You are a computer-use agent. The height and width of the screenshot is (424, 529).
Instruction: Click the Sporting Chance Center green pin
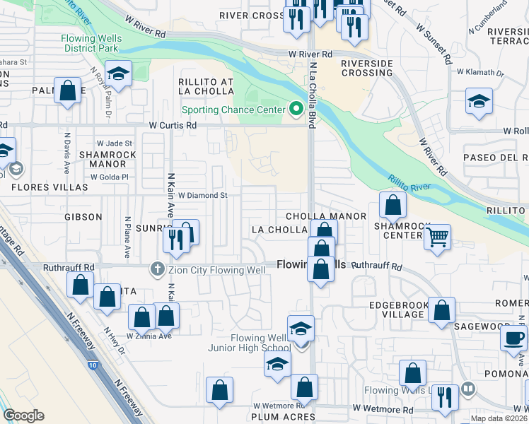[296, 110]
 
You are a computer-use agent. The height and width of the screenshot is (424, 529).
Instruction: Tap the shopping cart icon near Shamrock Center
[438, 238]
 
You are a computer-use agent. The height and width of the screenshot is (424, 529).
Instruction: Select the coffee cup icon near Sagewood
[514, 337]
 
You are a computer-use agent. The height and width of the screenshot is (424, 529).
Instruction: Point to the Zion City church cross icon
[156, 269]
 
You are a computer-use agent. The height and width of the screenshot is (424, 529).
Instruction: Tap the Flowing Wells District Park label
[91, 43]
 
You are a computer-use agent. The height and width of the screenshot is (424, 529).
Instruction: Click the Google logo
[23, 416]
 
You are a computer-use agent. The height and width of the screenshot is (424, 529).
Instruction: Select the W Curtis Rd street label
[173, 125]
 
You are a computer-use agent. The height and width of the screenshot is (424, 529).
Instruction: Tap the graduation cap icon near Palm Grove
[117, 73]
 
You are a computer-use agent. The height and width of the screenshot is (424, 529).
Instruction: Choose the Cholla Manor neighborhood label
[326, 216]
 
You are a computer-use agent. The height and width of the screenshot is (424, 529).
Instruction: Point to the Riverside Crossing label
[367, 68]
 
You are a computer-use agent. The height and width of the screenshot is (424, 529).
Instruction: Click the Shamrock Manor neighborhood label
[103, 159]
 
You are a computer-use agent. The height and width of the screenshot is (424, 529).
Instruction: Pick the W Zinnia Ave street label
[149, 336]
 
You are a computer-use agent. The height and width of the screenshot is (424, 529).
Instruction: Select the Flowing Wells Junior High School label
[248, 343]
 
